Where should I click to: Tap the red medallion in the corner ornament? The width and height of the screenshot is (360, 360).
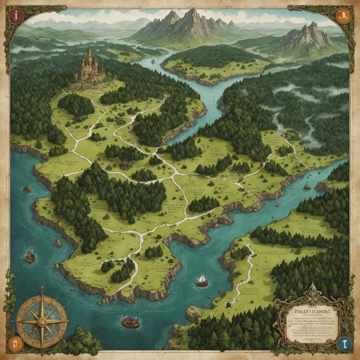(x=16, y=15)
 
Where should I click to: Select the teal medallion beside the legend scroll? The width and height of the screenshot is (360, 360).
(x=343, y=344)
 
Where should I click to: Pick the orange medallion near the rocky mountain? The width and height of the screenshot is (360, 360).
(x=344, y=16)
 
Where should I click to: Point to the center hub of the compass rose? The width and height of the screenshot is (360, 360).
(x=42, y=318)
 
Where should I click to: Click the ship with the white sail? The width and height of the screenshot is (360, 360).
(x=202, y=280)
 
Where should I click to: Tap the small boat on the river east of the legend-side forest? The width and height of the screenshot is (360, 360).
(x=307, y=187)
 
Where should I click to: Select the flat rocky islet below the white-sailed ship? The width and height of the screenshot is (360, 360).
(x=193, y=313)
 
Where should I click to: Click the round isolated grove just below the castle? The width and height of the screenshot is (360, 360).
(x=76, y=105)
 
